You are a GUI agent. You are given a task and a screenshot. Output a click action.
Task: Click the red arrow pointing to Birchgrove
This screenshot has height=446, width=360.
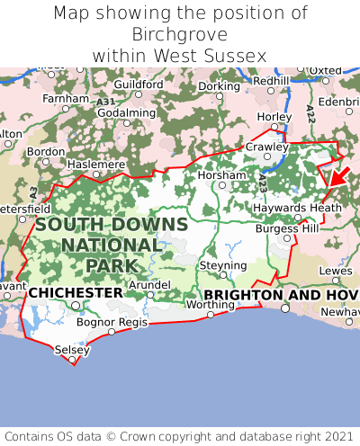click(338, 174)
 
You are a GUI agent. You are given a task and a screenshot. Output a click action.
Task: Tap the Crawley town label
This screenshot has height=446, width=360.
click(267, 147)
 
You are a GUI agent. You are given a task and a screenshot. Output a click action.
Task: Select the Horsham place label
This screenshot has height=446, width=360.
click(220, 174)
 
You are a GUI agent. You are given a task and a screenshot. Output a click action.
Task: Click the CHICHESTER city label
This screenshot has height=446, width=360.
click(76, 293)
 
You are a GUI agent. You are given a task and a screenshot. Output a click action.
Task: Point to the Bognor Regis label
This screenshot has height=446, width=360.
click(112, 321)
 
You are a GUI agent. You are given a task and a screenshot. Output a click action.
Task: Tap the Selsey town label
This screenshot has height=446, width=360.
click(72, 349)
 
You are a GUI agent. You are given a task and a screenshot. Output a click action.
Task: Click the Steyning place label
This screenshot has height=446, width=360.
click(222, 266)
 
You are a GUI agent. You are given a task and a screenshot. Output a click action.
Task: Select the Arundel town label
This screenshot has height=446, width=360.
click(149, 284)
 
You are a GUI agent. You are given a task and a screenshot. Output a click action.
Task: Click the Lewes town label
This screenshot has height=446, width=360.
click(336, 270)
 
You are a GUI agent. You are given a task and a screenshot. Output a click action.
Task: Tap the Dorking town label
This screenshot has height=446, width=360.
click(219, 86)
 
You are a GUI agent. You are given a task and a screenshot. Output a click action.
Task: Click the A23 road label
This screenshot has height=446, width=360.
click(262, 183)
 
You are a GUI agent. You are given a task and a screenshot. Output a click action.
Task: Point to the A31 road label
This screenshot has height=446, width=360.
click(105, 103)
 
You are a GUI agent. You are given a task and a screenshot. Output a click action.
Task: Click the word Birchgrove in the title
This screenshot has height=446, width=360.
click(180, 34)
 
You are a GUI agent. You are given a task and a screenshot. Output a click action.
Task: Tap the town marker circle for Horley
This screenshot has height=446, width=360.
click(274, 127)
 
